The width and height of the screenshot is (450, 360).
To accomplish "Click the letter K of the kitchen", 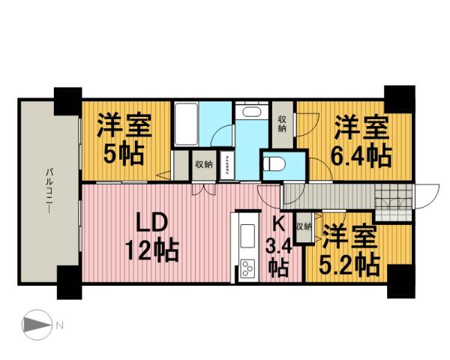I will tap(277, 223).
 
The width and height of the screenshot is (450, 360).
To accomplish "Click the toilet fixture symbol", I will tap(275, 164).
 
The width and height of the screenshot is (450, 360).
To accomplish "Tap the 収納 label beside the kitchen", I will tap(303, 226).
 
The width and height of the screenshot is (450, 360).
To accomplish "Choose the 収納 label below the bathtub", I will tap(203, 164).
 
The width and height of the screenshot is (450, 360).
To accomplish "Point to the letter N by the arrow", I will tap(61, 325).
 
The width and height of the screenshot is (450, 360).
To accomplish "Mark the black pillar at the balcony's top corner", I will tap(67, 97).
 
